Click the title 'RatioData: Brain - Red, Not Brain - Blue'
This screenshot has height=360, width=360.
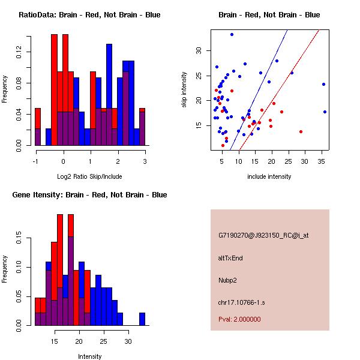89,14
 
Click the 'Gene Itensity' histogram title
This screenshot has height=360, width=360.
89,195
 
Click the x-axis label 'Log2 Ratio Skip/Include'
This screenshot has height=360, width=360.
89,176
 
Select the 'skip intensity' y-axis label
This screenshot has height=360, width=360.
185,90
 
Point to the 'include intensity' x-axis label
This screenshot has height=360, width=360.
269,176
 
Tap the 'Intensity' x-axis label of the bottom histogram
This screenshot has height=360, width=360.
89,356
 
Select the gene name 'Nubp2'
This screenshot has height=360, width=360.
228,280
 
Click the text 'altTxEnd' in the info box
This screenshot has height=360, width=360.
230,258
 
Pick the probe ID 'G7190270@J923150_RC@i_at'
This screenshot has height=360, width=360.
263,236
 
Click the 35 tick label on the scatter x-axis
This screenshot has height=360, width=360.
322,161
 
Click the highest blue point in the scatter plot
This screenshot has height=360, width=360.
232,34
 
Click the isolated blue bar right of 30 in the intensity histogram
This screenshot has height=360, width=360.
142,319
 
